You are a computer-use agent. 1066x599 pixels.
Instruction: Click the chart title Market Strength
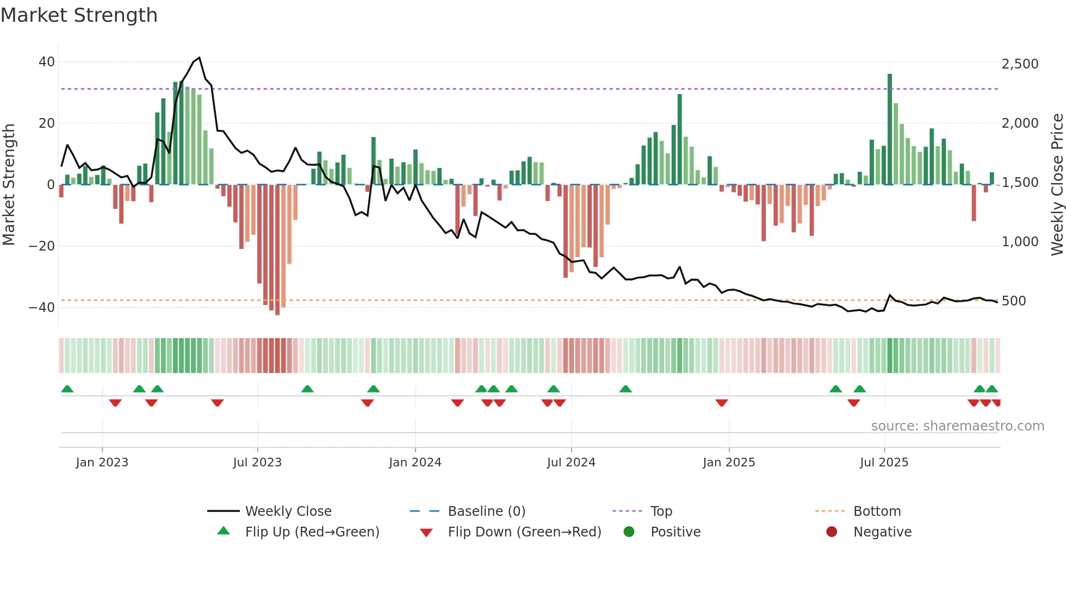click(x=79, y=15)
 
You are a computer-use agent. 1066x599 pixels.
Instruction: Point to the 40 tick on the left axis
click(x=46, y=62)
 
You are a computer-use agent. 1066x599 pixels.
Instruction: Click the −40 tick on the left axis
click(x=42, y=308)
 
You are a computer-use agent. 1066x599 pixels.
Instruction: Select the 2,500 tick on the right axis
click(x=1020, y=64)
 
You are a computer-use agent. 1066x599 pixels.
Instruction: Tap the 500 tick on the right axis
click(x=1013, y=301)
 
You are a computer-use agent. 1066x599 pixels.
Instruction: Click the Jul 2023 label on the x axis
click(x=257, y=463)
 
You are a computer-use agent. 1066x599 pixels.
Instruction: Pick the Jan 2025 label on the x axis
click(x=729, y=463)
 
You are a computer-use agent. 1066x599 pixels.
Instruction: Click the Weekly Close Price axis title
click(x=1057, y=185)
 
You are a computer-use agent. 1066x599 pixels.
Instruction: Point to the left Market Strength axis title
click(x=9, y=185)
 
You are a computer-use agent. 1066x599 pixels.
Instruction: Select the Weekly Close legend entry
click(x=288, y=511)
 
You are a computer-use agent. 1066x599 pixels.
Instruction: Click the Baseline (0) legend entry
click(x=486, y=511)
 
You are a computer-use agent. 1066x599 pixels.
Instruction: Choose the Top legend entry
click(x=661, y=511)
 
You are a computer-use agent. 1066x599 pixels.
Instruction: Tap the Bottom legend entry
click(x=877, y=511)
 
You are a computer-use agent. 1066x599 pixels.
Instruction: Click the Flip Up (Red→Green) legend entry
click(x=312, y=532)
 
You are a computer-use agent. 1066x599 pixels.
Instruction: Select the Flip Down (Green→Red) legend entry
click(x=524, y=532)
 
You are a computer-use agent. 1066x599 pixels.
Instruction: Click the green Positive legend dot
click(x=629, y=532)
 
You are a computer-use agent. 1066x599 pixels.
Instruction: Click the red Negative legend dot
click(x=832, y=532)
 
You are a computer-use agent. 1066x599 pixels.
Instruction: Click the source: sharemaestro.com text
click(x=957, y=426)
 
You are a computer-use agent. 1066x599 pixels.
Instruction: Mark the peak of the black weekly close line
click(x=200, y=58)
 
